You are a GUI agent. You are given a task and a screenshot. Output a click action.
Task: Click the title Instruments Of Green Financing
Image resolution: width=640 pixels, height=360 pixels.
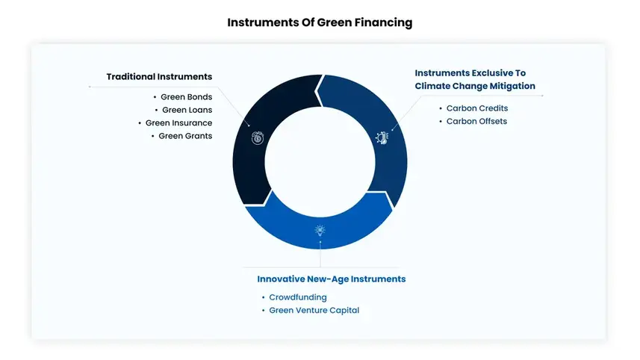coord(320,22)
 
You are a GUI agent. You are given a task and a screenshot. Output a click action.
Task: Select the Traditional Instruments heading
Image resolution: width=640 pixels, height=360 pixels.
coord(159,77)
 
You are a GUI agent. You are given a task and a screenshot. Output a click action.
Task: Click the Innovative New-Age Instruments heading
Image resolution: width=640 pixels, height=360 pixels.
coord(332,279)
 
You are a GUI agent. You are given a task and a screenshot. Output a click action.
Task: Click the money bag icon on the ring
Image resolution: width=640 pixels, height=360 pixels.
coord(257,138)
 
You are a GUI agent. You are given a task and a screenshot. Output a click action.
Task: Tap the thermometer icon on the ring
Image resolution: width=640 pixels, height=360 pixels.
coord(382,138)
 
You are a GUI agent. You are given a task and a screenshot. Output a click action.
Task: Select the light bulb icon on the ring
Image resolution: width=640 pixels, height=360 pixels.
coord(320,231)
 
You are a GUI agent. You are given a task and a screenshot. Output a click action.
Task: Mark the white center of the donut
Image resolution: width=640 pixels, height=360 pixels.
coord(320,162)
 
